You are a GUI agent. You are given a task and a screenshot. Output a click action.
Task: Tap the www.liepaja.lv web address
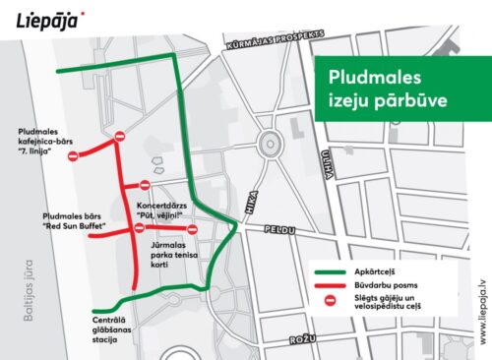pyautogui.click(x=481, y=310)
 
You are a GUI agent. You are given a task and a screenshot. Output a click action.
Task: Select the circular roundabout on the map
pyautogui.click(x=268, y=145)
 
